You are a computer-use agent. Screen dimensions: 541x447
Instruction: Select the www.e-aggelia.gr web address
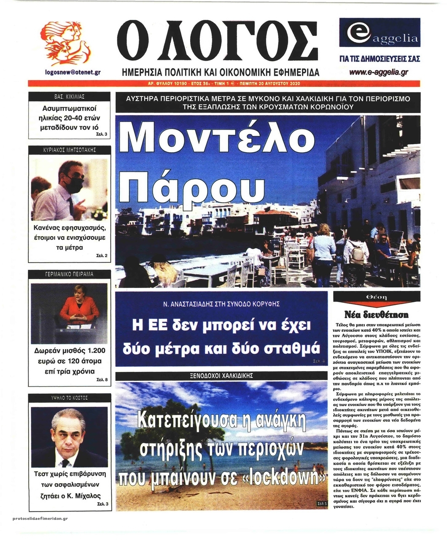click(379, 72)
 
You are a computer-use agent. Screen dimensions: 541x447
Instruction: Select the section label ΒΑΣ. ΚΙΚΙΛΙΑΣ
click(70, 97)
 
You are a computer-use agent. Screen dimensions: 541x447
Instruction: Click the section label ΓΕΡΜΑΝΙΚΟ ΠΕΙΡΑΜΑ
click(70, 274)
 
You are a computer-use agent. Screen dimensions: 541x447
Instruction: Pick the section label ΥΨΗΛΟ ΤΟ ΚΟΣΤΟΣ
click(70, 398)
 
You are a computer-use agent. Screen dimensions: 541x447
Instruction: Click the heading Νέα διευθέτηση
click(376, 315)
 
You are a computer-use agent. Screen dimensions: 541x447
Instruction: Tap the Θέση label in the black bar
click(376, 297)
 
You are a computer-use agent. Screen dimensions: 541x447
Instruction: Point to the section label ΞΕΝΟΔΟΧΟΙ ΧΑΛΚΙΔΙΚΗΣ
click(221, 375)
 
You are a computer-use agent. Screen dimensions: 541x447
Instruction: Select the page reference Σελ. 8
click(102, 380)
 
